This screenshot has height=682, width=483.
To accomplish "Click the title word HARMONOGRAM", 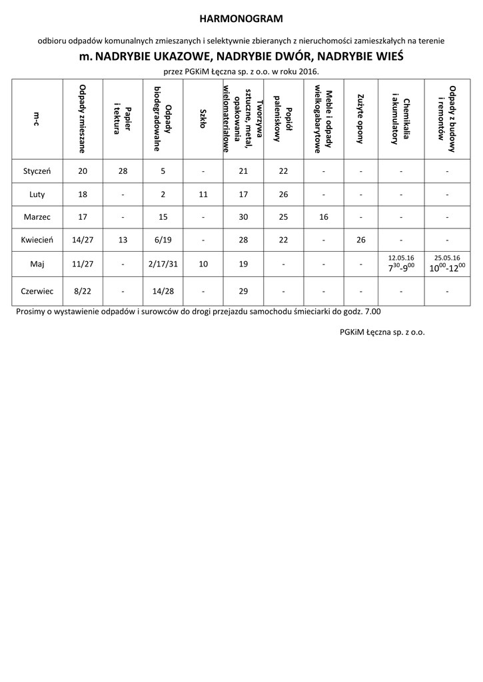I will click(241, 18).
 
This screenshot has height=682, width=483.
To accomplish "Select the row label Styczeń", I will click(37, 171).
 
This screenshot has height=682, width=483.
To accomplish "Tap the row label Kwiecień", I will click(37, 240).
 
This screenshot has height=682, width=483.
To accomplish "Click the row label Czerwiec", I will click(37, 290).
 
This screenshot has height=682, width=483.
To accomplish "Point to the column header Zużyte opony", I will click(360, 119).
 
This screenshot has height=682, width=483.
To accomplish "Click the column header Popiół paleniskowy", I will click(284, 119).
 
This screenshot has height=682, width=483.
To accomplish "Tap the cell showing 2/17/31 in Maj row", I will click(163, 264).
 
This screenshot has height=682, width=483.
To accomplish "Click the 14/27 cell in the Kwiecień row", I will click(83, 240).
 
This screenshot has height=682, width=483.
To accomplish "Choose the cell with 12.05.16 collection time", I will click(401, 264).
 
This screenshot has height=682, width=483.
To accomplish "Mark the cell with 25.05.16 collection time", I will click(448, 264).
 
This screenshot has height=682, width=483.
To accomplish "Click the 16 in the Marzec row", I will click(324, 217).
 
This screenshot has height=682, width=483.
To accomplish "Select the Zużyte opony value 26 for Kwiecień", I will click(360, 240).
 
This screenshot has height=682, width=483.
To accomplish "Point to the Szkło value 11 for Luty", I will click(203, 194).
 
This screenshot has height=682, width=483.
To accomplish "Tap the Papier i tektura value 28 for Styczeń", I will click(123, 171).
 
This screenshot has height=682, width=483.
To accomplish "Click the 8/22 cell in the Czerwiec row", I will click(83, 290).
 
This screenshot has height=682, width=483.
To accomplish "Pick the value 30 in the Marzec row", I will click(243, 217).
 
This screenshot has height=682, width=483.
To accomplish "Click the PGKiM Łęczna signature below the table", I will click(377, 331).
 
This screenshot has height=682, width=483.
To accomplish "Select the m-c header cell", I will click(37, 119).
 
